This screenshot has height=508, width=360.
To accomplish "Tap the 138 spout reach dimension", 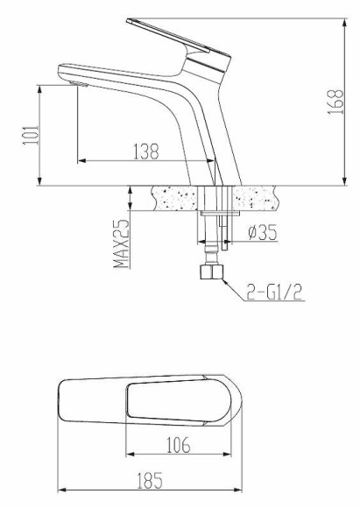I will coord(145,151).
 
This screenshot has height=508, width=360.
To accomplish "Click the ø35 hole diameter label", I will coord(263,233).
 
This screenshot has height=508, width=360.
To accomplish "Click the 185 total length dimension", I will coord(150,480).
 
